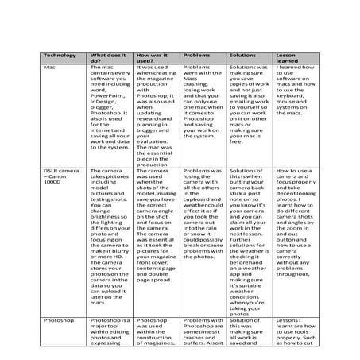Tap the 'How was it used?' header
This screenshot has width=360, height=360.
(151, 58)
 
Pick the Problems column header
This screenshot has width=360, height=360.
(196, 56)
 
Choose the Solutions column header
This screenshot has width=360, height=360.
(243, 56)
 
